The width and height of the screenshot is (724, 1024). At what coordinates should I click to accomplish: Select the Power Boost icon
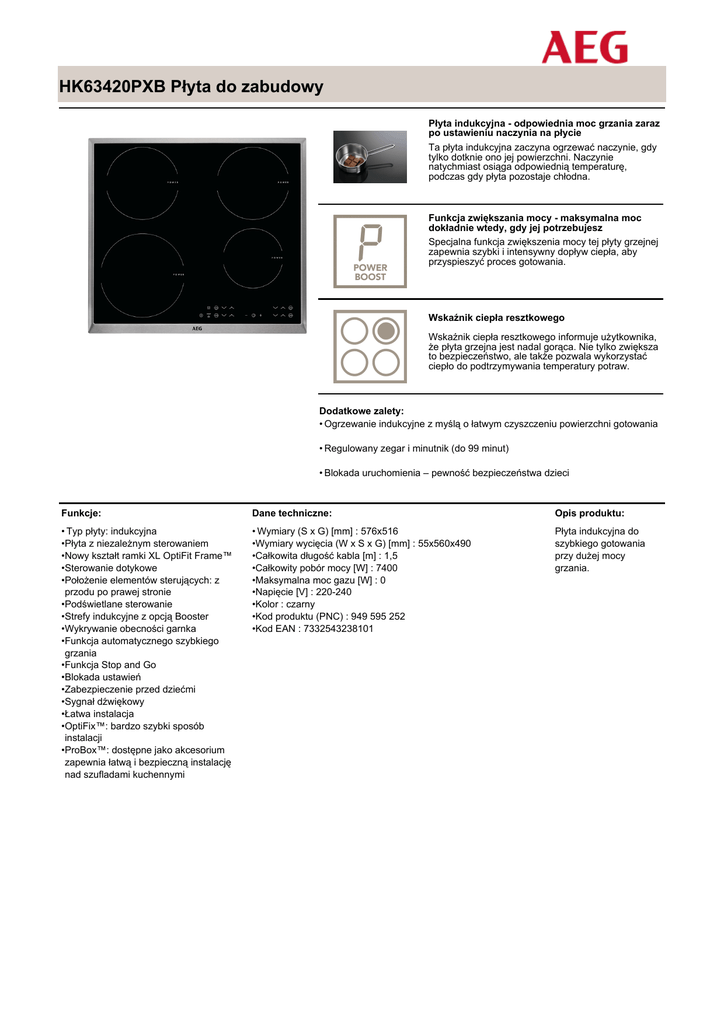tap(370, 251)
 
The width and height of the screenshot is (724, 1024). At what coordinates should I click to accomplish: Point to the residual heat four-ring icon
tap(370, 346)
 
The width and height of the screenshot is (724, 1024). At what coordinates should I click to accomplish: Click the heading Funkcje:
tap(81, 513)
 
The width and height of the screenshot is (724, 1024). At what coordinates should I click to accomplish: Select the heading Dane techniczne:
tap(292, 513)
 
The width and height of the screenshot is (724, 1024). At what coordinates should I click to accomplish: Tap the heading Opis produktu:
tap(590, 513)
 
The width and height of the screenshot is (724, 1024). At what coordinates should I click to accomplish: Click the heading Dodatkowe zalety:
tap(361, 411)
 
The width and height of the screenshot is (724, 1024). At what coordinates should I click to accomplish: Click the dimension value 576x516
tap(379, 532)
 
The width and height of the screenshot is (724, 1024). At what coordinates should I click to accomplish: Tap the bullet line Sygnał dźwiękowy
tap(104, 702)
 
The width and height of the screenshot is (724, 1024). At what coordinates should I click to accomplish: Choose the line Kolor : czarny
tap(285, 605)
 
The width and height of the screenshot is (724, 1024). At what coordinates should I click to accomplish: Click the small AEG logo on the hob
tap(197, 325)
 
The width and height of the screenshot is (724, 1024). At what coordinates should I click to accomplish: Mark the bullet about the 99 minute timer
tap(416, 449)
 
